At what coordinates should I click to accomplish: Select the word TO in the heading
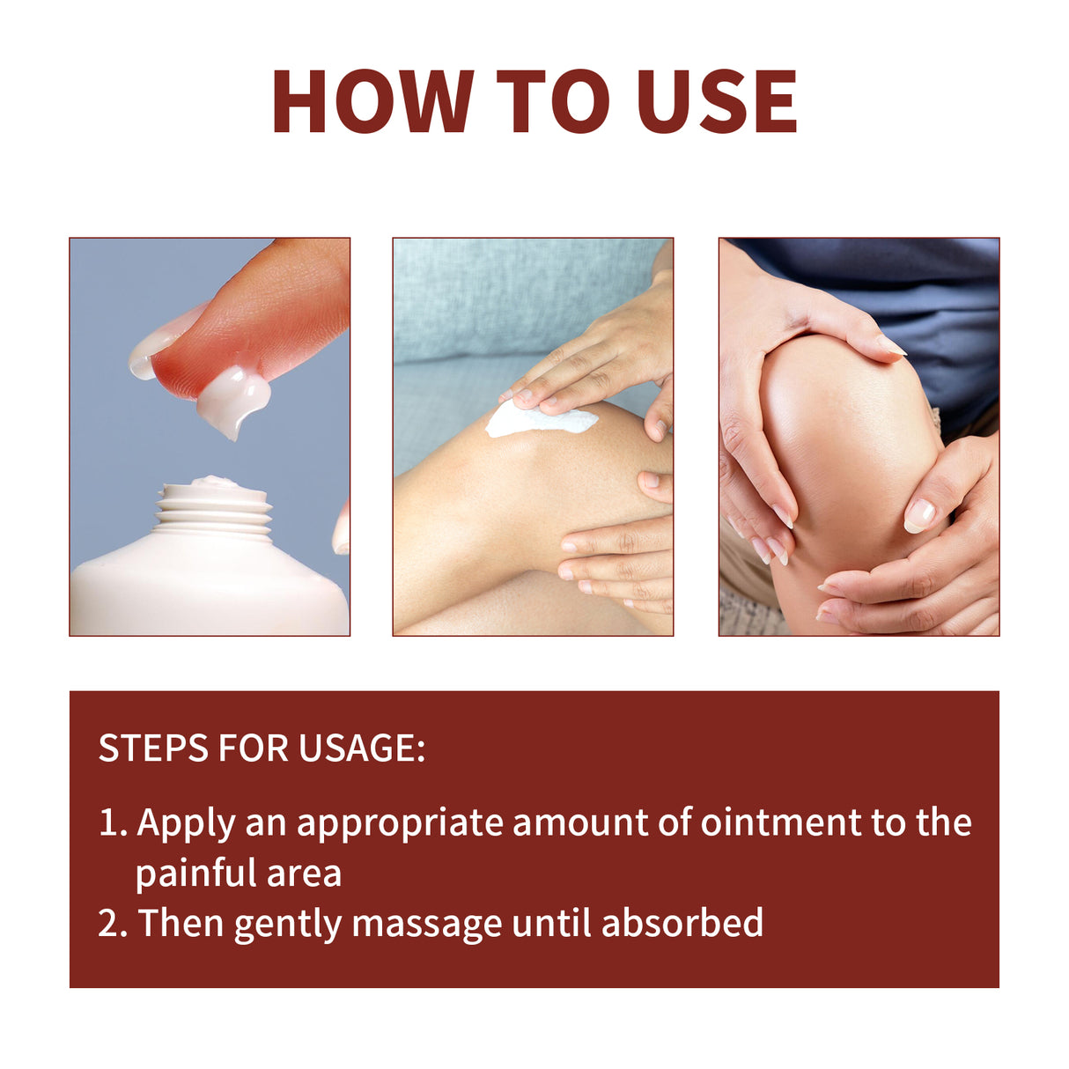[x=552, y=101]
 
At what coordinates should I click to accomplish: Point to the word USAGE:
[x=361, y=748]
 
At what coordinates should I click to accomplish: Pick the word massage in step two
[x=427, y=925]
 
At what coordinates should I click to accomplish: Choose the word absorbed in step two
[x=682, y=924]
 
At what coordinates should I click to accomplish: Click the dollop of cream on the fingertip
[x=230, y=398]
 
